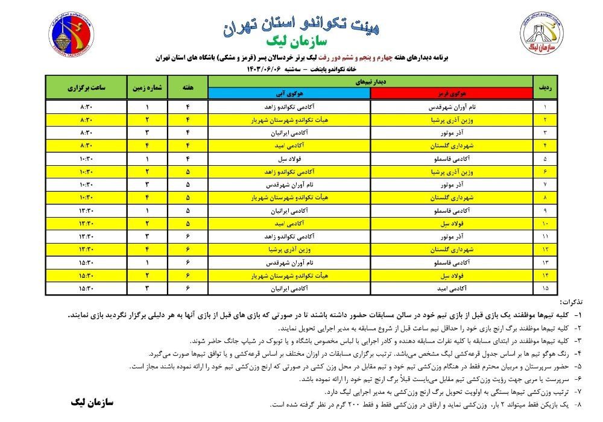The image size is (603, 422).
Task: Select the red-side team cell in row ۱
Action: tap(451, 107)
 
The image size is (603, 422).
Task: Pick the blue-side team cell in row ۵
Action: tap(289, 160)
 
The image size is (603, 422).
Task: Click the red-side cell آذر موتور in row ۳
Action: tap(451, 133)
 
